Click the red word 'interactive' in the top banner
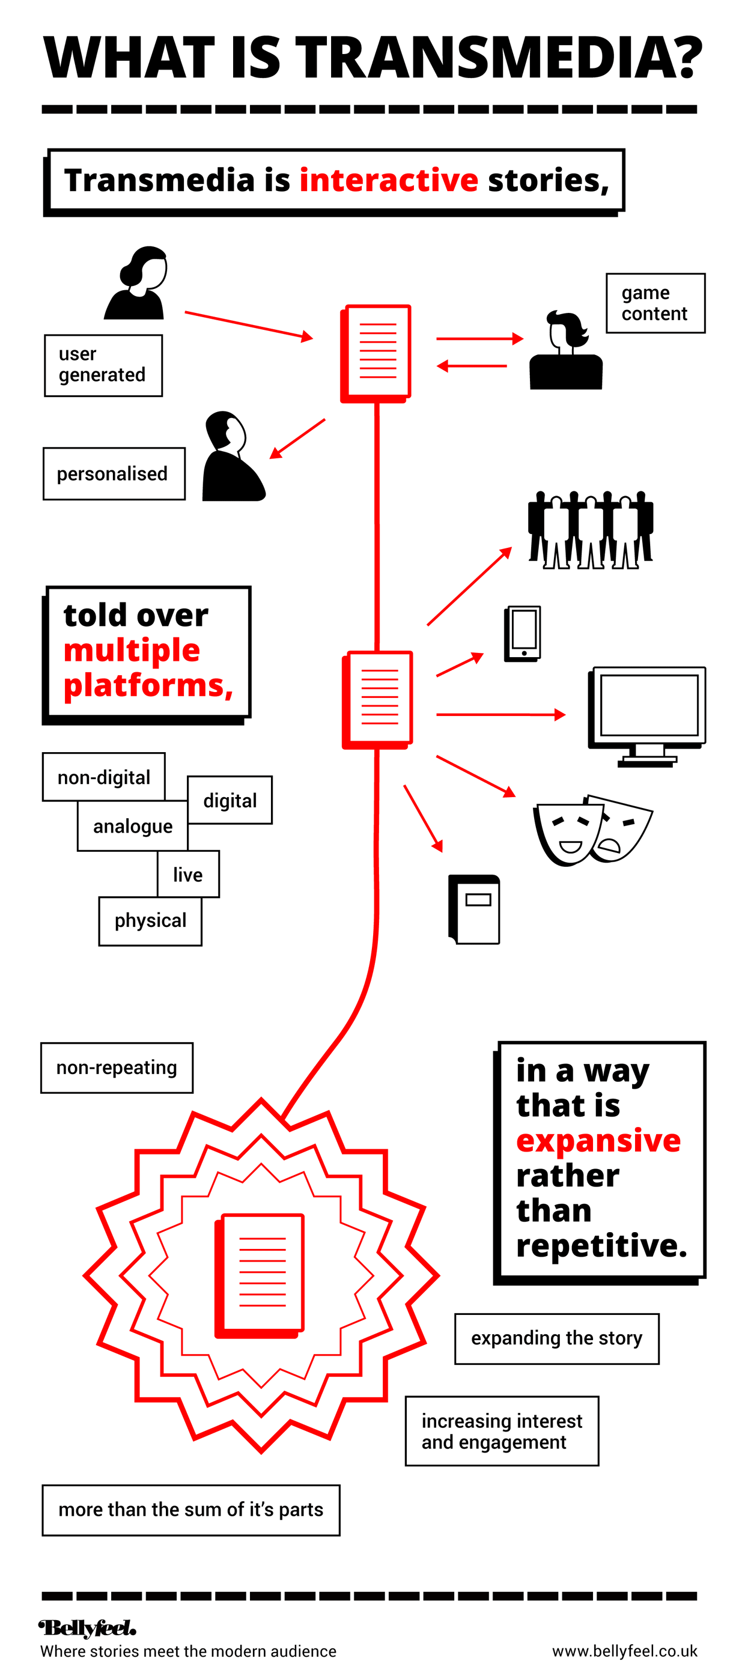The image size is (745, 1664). coord(388,180)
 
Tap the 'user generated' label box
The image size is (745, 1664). coord(103,365)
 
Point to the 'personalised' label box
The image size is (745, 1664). coord(114,473)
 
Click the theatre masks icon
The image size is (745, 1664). coord(591,830)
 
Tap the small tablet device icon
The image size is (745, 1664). coord(522,633)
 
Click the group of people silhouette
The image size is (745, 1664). coord(590,530)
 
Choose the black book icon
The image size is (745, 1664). coord(474,909)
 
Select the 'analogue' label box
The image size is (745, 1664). coord(132,826)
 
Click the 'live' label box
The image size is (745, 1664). coord(188,874)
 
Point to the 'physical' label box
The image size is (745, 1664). coord(150,920)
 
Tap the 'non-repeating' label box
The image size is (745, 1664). coord(117,1067)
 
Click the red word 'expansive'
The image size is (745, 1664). coord(598,1140)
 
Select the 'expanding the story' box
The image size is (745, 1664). coord(556,1338)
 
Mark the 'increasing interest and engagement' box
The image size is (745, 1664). coord(502,1431)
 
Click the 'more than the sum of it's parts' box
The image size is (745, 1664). coord(190,1510)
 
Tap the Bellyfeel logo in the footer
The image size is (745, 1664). coord(87,1628)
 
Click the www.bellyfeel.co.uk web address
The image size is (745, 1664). coord(624,1650)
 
